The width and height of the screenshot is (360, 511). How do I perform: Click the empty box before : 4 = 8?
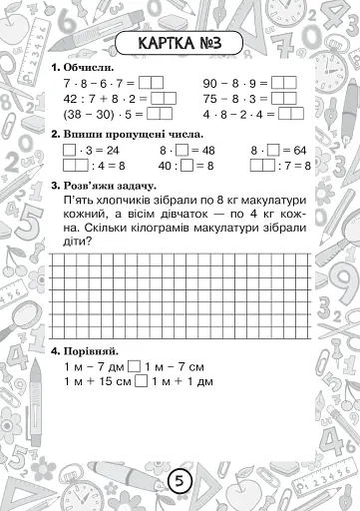pos(75,166)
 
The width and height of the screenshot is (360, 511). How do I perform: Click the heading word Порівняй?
pos(88,352)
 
